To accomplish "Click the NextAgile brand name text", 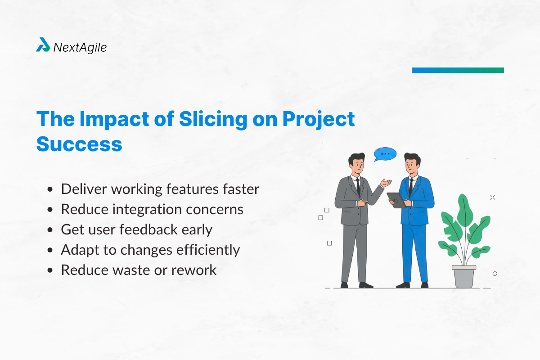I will pos(80,47).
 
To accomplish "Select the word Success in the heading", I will pos(79,144).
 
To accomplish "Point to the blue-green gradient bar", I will pos(458,70).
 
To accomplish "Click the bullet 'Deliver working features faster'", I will pos(160,189).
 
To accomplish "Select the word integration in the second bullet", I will pos(155,209).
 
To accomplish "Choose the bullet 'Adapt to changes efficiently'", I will pos(150,250).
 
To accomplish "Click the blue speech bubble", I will pos(385,154).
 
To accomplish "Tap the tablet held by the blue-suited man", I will pos(396,200).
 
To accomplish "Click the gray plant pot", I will pos(463,276).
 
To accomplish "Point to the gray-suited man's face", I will pos(357,166).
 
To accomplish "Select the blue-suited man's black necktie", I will pos(410,186).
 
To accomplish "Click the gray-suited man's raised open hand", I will pos(385,183).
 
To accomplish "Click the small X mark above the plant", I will pos(492,197).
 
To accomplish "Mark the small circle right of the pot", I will pos(495,273).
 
